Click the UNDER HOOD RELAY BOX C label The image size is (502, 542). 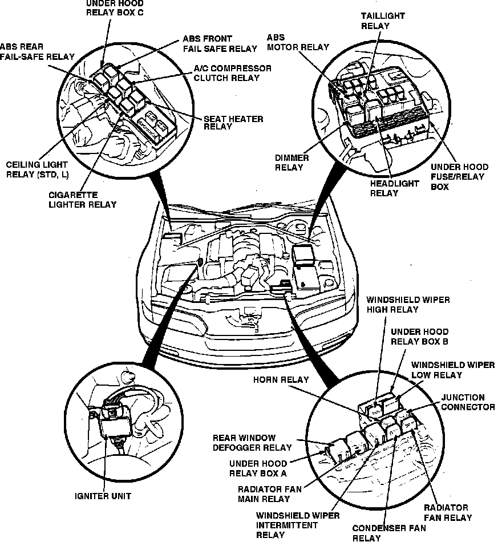(115, 8)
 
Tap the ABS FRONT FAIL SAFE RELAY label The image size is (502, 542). (220, 44)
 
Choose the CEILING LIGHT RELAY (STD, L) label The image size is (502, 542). (36, 169)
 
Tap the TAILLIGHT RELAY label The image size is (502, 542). (382, 21)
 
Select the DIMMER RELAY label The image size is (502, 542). (292, 163)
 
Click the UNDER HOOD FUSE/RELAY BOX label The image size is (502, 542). (459, 176)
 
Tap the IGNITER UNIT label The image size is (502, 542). (103, 496)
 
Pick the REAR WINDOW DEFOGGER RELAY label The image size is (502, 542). (252, 443)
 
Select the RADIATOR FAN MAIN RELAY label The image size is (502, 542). (264, 494)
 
